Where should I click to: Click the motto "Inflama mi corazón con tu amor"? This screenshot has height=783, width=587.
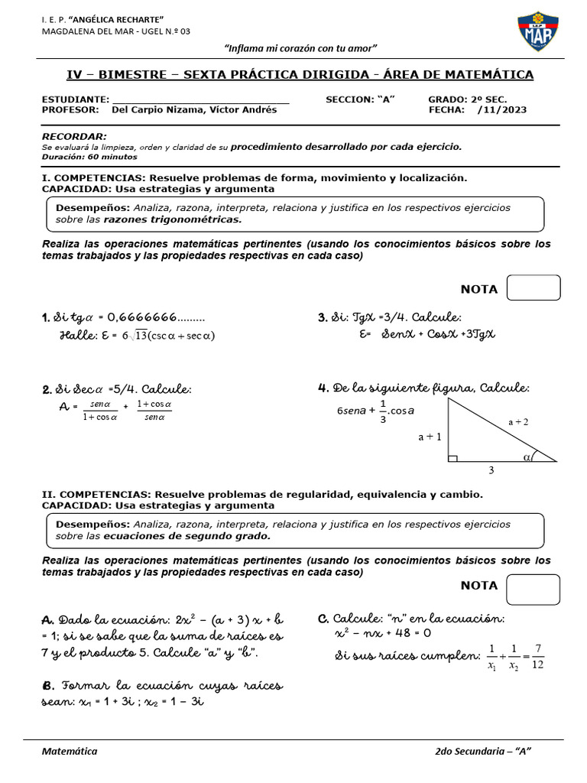point(300,48)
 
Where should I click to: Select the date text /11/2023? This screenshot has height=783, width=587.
point(502,110)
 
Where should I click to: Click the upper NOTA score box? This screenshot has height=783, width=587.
point(533,288)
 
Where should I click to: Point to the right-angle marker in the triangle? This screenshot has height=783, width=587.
point(452,458)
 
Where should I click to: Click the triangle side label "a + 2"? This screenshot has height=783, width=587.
point(518,421)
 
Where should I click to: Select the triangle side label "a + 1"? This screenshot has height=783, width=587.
point(430,437)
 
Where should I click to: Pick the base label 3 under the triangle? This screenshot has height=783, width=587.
point(491,471)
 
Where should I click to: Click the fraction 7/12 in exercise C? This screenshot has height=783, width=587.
point(537,656)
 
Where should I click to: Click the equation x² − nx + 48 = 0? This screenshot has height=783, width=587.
point(384,634)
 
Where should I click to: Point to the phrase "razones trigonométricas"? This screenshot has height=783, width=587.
point(172,219)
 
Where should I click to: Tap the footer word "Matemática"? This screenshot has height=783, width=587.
point(70,752)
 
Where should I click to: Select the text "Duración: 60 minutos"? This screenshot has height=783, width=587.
point(89,157)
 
